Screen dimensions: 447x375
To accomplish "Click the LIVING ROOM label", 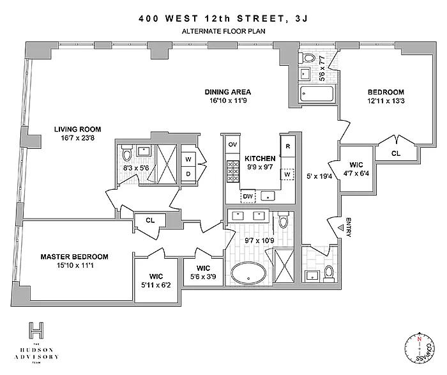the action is [77, 129].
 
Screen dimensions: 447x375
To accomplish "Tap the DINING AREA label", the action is [228, 92].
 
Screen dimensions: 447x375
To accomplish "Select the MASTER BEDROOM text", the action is [75, 257].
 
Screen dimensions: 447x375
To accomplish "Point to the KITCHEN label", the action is [260, 158].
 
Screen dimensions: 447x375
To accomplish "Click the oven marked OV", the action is [232, 144].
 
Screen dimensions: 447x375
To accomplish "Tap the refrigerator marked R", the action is [288, 146].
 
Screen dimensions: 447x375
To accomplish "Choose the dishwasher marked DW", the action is [248, 196].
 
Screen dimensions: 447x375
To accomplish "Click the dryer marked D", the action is [188, 174].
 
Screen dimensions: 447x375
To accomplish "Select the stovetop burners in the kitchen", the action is [232, 171].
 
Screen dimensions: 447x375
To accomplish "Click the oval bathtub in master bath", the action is [248, 273].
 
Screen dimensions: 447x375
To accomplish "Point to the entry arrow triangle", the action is [340, 227].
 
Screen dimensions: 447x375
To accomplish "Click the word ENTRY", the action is [349, 227].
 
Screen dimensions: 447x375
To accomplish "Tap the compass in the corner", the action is [420, 348].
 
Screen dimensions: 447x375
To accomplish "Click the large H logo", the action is [36, 331].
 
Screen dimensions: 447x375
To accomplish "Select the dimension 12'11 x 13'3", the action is [386, 101].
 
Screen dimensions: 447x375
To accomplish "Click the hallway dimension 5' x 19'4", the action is [319, 176].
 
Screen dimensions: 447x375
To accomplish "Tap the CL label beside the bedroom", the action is [396, 153].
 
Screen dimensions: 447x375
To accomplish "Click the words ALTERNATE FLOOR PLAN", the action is [223, 31].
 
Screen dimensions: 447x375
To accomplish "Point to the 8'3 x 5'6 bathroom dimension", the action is [135, 168].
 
